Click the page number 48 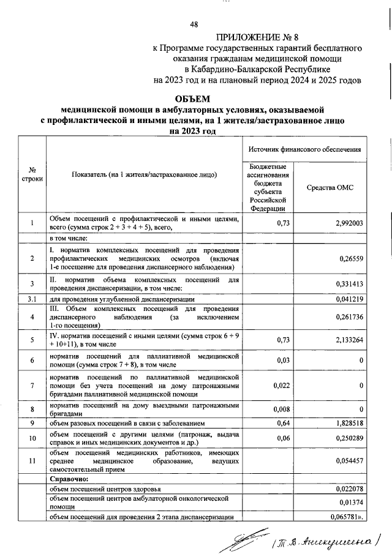click(x=194, y=24)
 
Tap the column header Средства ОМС click(x=336, y=187)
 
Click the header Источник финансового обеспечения click(x=304, y=149)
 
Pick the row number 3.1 click(x=31, y=299)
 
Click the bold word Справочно click(x=69, y=479)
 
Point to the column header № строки click(x=31, y=174)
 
